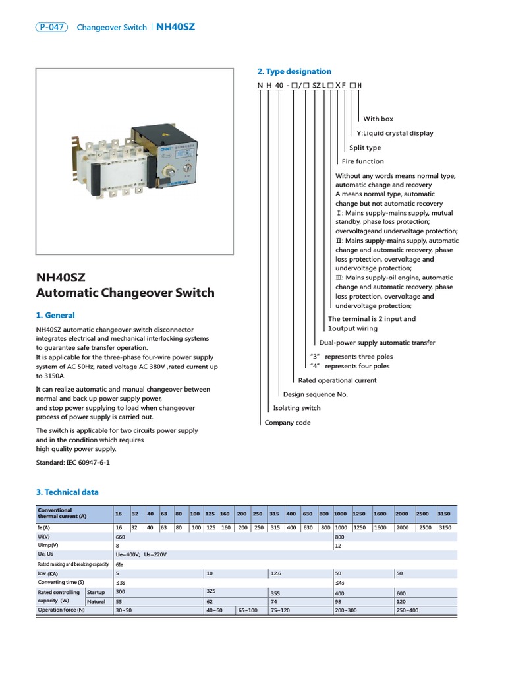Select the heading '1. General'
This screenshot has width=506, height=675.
click(55, 315)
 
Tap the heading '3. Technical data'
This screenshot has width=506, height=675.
click(67, 492)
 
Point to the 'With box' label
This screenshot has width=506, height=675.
click(378, 119)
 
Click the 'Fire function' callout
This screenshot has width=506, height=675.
click(362, 161)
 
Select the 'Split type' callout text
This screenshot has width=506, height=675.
click(365, 148)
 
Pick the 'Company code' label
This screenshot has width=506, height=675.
click(287, 423)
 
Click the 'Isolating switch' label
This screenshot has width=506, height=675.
click(296, 408)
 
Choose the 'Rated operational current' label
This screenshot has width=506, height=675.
click(337, 380)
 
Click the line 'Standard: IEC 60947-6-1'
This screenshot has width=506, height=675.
click(72, 463)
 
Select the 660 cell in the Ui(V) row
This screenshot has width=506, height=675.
click(120, 537)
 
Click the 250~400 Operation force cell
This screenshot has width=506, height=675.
click(407, 610)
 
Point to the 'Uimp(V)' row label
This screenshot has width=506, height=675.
click(48, 546)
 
